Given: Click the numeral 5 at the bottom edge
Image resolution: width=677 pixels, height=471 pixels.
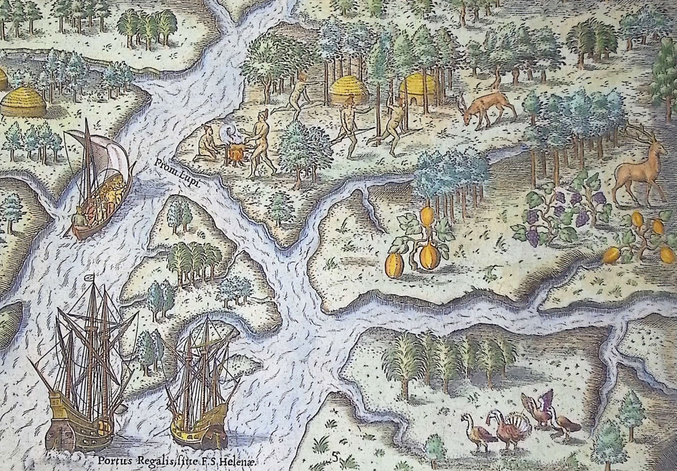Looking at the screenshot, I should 335,457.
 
